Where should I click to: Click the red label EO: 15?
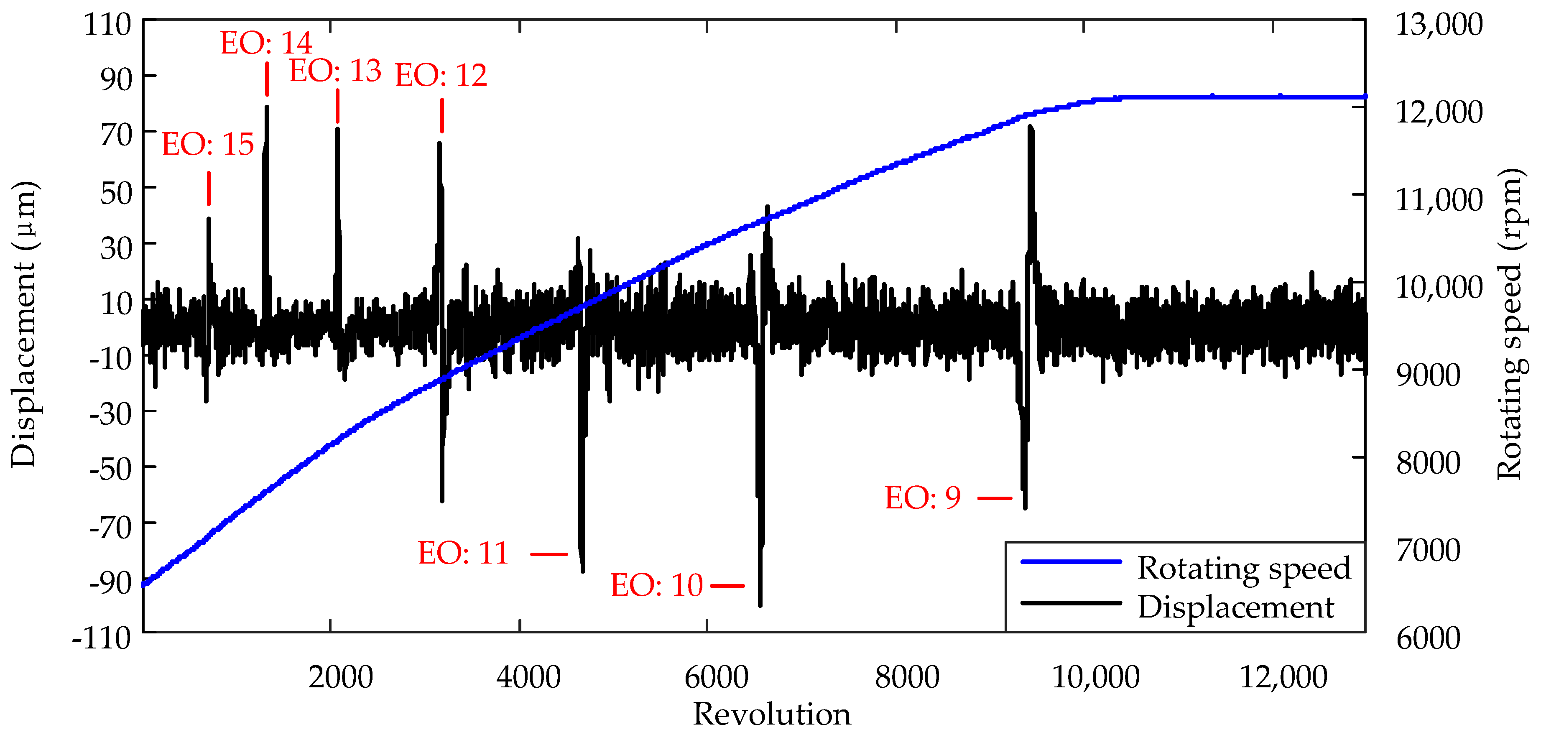208,145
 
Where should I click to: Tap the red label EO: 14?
266,43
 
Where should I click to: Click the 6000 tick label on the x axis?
716,678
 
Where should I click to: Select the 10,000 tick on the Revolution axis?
1095,678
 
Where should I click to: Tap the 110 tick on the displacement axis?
108,25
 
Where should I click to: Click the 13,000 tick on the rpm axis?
1439,25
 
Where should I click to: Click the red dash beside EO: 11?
549,554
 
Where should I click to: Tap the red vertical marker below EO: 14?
267,79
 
